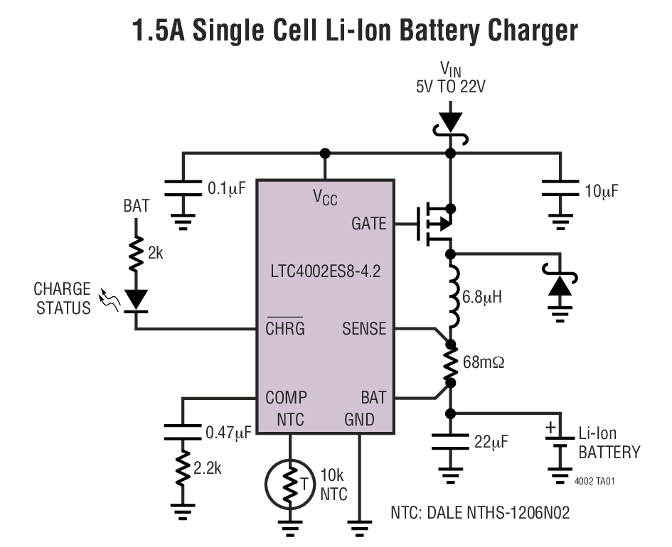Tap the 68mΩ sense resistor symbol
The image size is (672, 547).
coord(450,364)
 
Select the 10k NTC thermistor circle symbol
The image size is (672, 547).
coord(290,485)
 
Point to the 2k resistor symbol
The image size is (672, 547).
coord(135,254)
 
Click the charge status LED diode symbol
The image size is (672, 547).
coord(135,299)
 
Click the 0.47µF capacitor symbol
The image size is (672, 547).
coord(183,431)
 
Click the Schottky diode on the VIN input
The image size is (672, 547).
coord(450,122)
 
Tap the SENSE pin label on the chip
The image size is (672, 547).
coord(364,329)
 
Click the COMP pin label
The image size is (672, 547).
coord(286,398)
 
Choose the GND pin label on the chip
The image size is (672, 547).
coord(359,420)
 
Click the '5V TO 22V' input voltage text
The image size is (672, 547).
coord(450,87)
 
